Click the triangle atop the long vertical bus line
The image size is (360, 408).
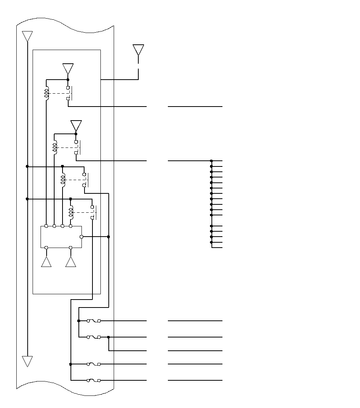coord(27,36)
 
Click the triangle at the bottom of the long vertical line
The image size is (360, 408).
coord(27,361)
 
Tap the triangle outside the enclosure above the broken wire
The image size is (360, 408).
coord(138,50)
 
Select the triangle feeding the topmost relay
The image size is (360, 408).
coord(68,69)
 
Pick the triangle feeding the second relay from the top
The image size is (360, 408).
coord(76,126)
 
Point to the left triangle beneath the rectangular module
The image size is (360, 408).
coord(46,262)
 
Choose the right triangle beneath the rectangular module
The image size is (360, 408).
coord(71,262)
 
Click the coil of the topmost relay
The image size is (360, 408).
coord(47,93)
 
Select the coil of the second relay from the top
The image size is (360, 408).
coord(55,147)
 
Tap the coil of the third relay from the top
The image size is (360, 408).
coord(63,179)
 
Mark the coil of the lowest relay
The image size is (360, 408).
coord(71,212)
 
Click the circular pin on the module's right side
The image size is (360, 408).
coord(81,237)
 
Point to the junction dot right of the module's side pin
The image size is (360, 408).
coord(109,237)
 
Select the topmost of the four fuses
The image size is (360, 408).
coord(94,321)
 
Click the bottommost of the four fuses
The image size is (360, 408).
coord(94,380)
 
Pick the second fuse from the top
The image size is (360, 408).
coord(94,337)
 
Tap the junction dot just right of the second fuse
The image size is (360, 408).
coord(109,337)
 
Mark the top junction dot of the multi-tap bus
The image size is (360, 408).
coord(211,161)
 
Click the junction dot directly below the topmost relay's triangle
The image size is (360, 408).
coord(68,80)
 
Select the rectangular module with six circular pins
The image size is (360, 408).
coord(61,237)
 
